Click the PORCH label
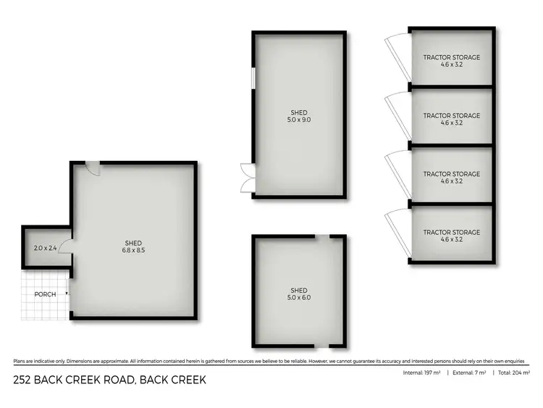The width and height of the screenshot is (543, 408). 45,294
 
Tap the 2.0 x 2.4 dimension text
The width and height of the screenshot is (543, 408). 45,249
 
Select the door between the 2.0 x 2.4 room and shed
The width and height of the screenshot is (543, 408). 65,249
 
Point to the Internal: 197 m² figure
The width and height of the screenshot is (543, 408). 424,373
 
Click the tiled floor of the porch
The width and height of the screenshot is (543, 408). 43,308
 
